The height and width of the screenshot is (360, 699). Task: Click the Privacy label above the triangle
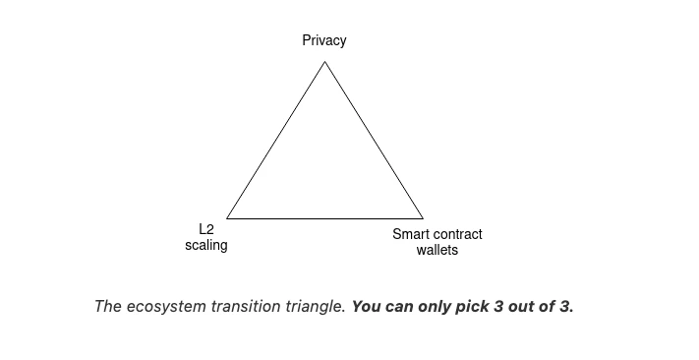pos(324,40)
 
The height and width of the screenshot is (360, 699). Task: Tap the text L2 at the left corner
pos(206,229)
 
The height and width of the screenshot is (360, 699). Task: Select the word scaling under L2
pos(206,245)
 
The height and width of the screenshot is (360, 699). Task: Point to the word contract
pos(457,234)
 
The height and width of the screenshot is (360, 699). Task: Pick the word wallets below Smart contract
pos(437,250)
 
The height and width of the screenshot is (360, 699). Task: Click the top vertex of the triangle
pos(324,62)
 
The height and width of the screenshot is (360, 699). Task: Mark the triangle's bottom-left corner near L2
pos(227,217)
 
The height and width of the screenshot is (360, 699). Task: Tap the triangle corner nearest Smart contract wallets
pos(423,217)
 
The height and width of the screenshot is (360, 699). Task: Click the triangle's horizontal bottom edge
pos(324,217)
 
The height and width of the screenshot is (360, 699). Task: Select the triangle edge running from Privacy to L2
pos(276,140)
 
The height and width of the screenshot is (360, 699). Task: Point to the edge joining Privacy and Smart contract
pos(374,140)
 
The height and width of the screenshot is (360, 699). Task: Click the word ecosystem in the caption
pos(168,306)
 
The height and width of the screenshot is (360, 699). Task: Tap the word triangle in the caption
pos(314,306)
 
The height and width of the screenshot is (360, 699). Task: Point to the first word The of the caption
pos(107,306)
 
